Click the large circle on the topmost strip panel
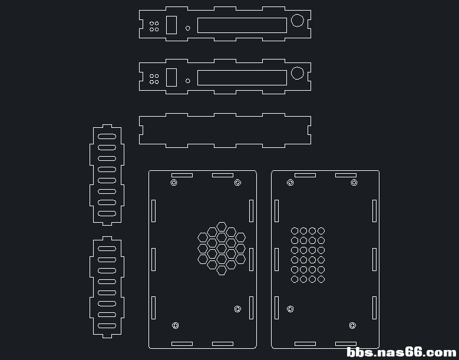coord(298,15)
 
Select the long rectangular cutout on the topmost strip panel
coord(242,18)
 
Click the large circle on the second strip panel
coord(298,67)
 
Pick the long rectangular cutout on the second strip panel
coord(242,71)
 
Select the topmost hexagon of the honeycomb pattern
coord(222,223)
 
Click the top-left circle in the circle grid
coord(295,228)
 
